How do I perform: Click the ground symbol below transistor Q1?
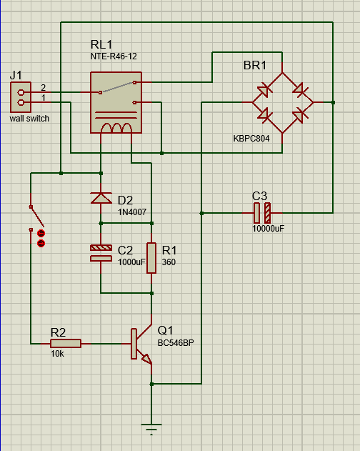(151, 429)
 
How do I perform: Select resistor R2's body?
(66, 343)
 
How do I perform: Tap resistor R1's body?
(151, 258)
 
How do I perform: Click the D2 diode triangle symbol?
(101, 198)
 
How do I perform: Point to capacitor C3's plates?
(262, 213)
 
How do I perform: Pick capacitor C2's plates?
(101, 253)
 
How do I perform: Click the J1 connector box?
(21, 97)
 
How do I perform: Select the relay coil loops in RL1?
(116, 128)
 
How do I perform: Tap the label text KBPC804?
(251, 139)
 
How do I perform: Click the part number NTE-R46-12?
(114, 56)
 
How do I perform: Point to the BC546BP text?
(176, 343)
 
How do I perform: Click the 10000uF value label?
(269, 229)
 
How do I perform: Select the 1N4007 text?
(132, 212)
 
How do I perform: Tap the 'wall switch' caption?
(29, 119)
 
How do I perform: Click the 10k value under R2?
(58, 354)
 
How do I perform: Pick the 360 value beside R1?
(169, 262)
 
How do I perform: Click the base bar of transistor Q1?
(134, 344)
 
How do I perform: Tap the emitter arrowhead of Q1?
(146, 359)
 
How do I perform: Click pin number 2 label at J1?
(43, 87)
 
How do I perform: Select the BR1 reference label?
(255, 66)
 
